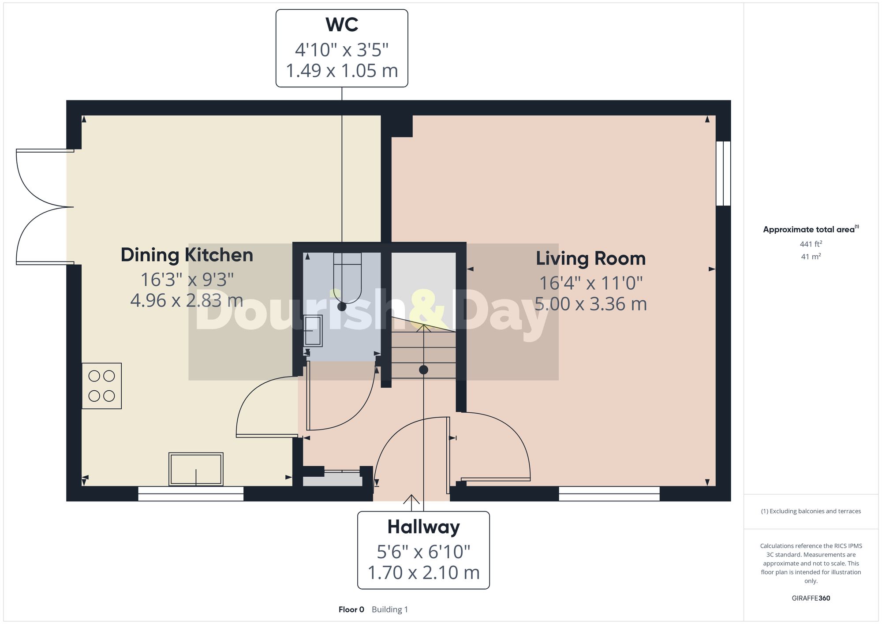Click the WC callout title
point(342,25)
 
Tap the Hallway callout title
point(423,527)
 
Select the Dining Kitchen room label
point(187,255)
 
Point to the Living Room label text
point(590,258)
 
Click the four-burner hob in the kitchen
point(101,386)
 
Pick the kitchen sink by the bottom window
point(196,469)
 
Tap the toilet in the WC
point(348,278)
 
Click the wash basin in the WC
point(313,331)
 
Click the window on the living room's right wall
point(723,173)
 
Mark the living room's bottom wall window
point(609,493)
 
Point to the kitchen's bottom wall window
point(191,493)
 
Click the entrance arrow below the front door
point(411,503)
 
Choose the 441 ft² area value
point(811,244)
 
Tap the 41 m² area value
point(811,256)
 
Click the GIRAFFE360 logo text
point(811,598)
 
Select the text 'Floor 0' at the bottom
point(351,609)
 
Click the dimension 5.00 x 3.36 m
point(590,304)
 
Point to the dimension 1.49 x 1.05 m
point(342,71)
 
